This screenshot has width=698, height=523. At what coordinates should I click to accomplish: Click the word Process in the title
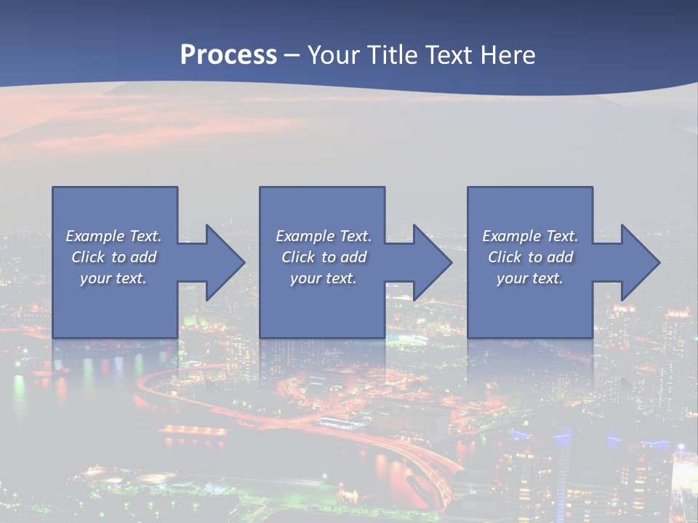tap(228, 55)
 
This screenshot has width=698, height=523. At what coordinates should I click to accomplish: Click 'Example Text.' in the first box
tap(113, 236)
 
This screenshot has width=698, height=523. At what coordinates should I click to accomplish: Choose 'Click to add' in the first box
tap(113, 257)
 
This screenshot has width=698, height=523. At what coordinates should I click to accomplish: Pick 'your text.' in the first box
tap(113, 278)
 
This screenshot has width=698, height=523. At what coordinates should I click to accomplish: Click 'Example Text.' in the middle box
tap(323, 236)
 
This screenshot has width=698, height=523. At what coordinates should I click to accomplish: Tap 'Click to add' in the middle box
tap(324, 257)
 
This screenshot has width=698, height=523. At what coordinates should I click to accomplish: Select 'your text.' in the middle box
tap(323, 278)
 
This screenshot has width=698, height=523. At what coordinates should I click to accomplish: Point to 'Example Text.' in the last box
tap(530, 236)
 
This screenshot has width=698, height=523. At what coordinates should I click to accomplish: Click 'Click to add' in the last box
tap(530, 257)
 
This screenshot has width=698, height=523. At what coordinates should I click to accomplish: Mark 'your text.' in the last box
tap(530, 278)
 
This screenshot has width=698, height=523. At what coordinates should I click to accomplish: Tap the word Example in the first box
tap(95, 236)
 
